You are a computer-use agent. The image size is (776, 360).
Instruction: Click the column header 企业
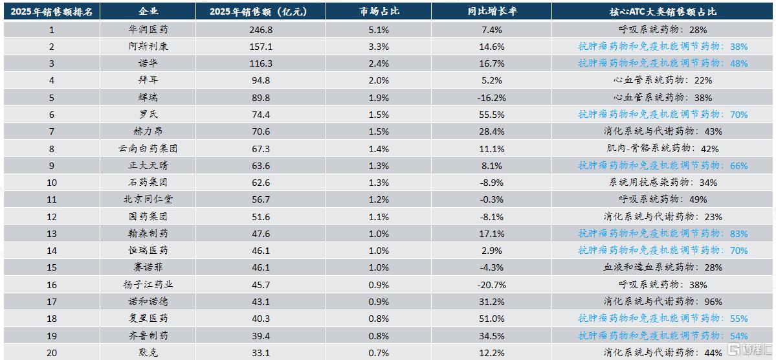(148, 12)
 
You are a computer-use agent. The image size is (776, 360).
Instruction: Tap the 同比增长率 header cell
(491, 12)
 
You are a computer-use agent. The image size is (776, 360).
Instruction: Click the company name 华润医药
(148, 30)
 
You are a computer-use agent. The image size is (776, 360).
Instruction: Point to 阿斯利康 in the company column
(148, 47)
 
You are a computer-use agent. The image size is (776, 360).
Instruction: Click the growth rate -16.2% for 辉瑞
(491, 98)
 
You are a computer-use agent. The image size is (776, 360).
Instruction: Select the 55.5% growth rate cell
(491, 115)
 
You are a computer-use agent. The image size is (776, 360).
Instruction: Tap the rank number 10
(52, 182)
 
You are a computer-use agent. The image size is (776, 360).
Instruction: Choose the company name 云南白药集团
(148, 148)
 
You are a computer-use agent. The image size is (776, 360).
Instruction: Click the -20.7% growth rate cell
(491, 285)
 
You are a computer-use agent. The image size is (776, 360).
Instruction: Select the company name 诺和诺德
(148, 302)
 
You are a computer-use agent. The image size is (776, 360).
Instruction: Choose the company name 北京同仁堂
(148, 199)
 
